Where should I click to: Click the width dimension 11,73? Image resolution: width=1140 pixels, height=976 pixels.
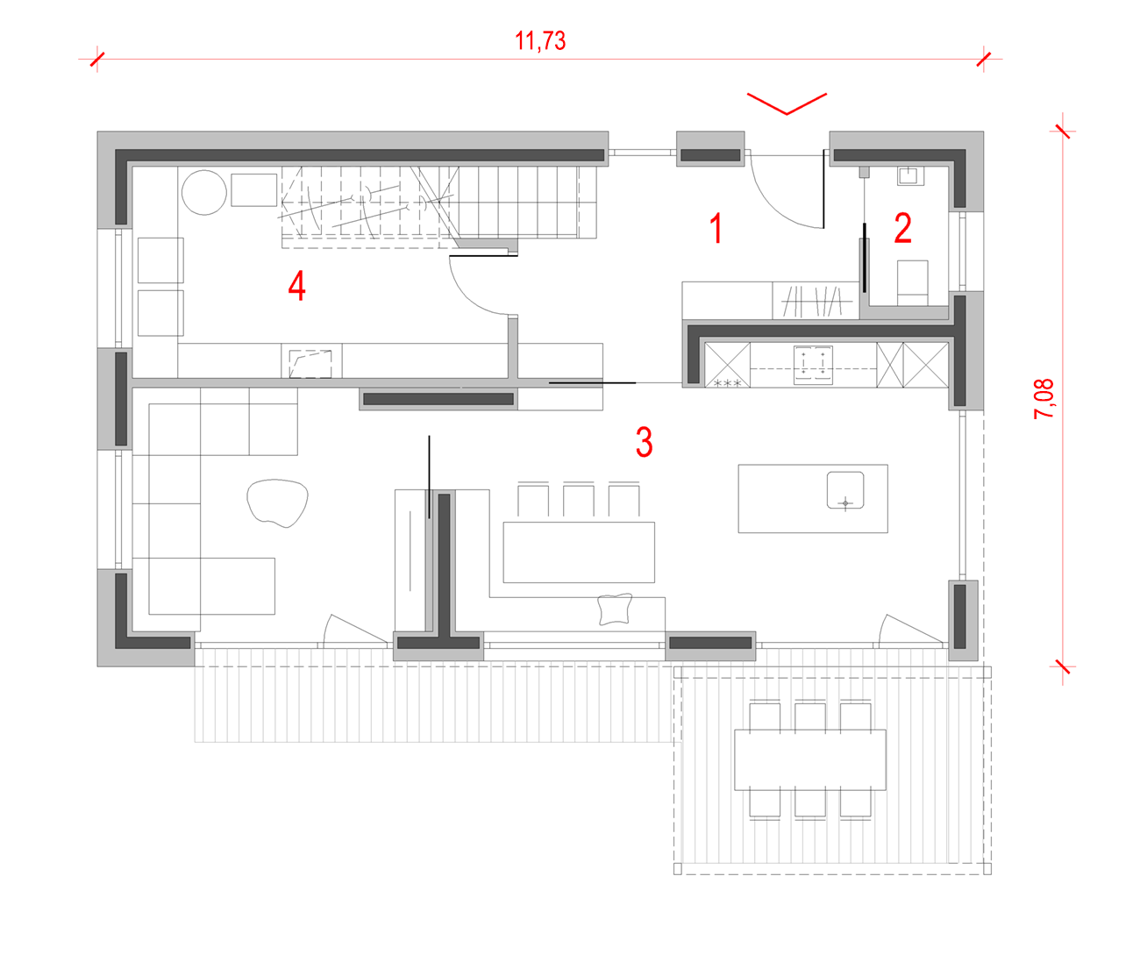540,41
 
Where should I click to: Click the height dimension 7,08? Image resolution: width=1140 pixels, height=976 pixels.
1044,399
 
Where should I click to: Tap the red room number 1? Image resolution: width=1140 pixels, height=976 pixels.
716,228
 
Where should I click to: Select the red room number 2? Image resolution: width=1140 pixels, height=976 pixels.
903,228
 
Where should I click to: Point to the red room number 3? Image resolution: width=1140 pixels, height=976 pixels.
645,442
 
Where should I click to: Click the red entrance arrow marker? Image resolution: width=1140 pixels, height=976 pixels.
787,104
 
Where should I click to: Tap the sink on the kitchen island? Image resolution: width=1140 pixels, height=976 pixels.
845,489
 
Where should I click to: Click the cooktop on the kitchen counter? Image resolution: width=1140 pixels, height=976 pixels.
813,365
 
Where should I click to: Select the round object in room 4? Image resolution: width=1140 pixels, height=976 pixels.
204,192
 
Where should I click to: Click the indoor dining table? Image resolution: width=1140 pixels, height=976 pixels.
579,552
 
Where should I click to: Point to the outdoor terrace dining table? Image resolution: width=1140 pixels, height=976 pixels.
810,760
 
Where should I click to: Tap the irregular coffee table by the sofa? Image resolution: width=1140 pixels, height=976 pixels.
277,502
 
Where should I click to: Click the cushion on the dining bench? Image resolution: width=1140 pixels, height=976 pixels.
615,609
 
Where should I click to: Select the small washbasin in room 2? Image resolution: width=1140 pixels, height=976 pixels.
910,176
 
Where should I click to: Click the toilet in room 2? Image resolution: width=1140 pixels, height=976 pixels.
912,283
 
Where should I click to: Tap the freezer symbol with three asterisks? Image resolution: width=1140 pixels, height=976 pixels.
728,382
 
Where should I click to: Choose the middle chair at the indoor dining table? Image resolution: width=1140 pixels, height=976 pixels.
579,500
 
